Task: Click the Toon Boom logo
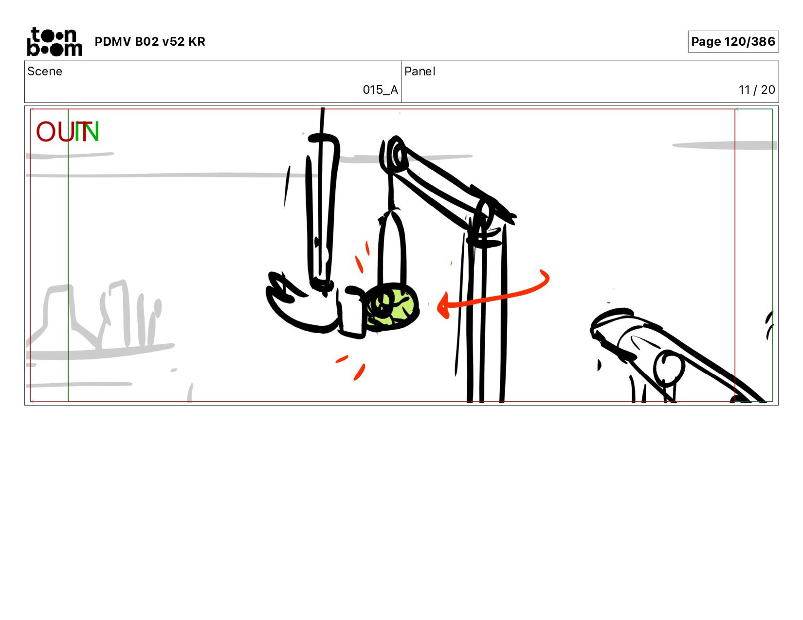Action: tap(55, 41)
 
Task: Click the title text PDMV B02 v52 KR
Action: tap(150, 41)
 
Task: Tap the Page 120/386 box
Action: tap(733, 41)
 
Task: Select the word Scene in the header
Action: tap(45, 71)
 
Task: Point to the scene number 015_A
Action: tap(380, 90)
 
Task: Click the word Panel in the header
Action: tap(420, 71)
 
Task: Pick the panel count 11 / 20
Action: tap(756, 90)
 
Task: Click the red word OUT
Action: tap(62, 131)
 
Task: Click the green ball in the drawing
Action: tap(392, 306)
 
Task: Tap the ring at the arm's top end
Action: tap(395, 154)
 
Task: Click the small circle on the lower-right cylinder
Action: tap(668, 368)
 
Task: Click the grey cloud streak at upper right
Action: tap(724, 145)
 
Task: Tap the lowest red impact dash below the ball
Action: tap(359, 372)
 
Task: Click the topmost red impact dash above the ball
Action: tap(367, 248)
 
